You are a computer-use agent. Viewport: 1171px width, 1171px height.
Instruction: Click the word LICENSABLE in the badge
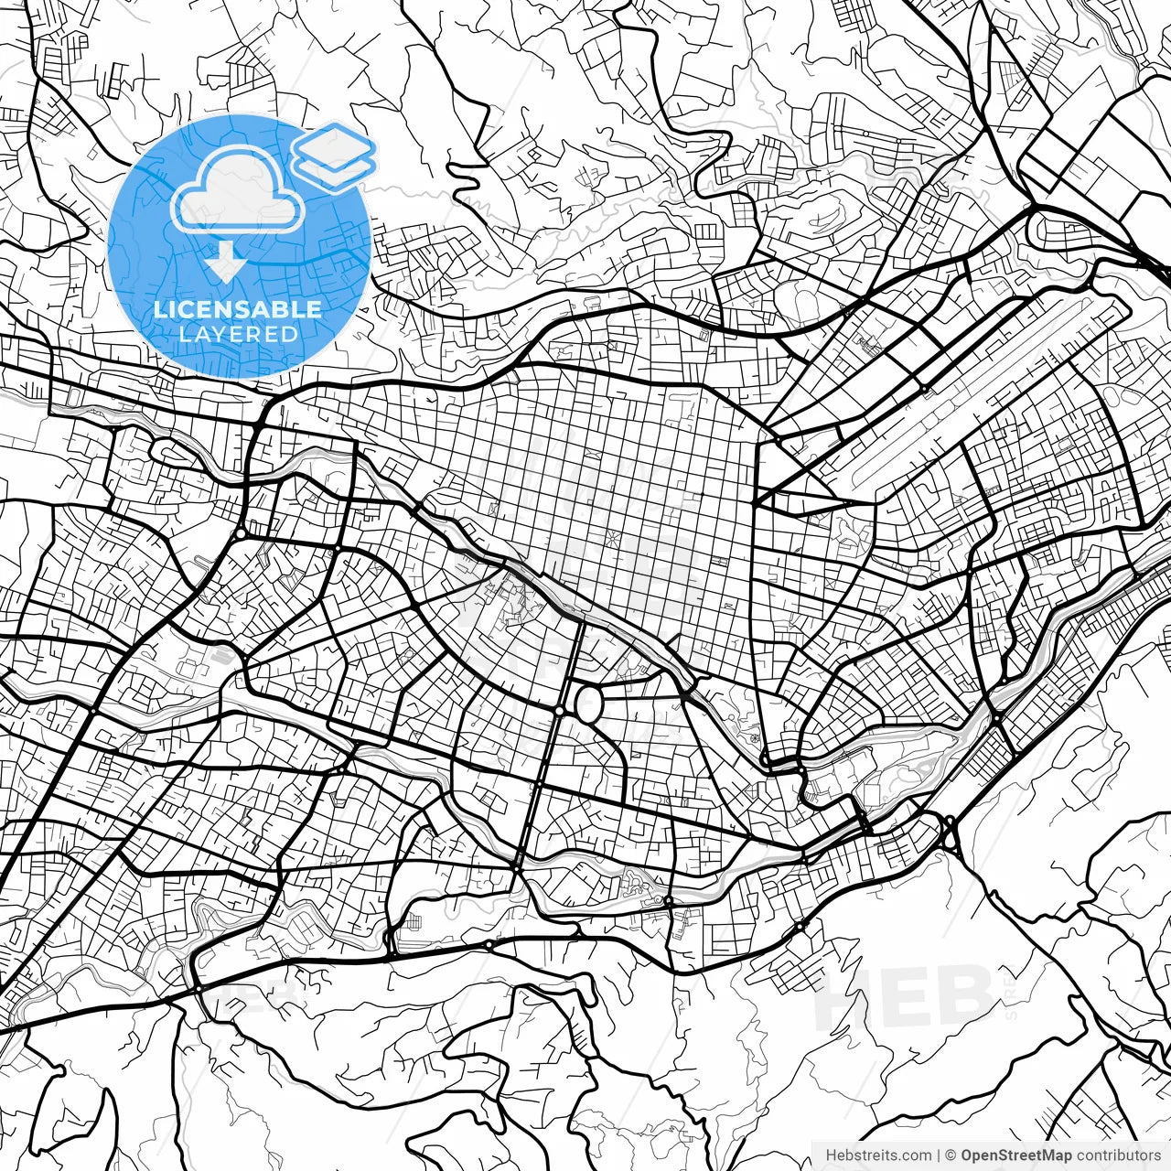pyautogui.click(x=238, y=309)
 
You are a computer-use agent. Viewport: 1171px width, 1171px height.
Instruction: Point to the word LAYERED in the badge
pyautogui.click(x=238, y=335)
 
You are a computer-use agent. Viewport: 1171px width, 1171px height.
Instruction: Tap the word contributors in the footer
pyautogui.click(x=1117, y=1155)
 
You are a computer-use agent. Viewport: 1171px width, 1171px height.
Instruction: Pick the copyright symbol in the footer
pyautogui.click(x=951, y=1155)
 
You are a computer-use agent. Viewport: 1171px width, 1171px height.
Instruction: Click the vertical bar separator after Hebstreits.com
pyautogui.click(x=939, y=1155)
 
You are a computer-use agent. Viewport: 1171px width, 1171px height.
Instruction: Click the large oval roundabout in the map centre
pyautogui.click(x=588, y=704)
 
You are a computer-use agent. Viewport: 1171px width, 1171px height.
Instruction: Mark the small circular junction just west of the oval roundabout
pyautogui.click(x=559, y=710)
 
